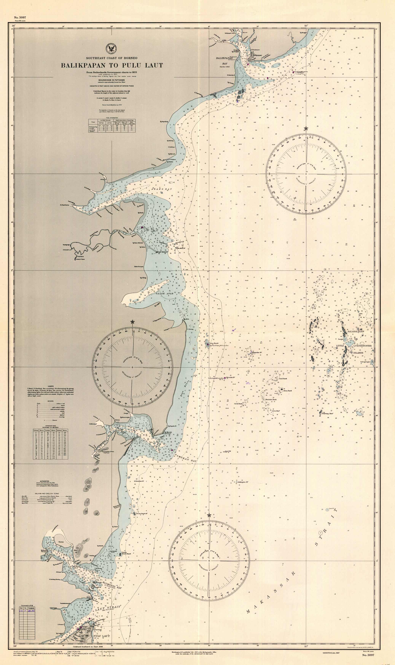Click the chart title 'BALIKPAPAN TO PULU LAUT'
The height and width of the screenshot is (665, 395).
point(112,65)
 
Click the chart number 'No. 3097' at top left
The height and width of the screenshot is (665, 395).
point(20,17)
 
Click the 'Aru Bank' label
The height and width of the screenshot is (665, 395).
point(214,343)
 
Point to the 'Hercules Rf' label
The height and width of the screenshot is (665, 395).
point(230,377)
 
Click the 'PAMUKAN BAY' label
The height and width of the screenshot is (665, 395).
point(186,458)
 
